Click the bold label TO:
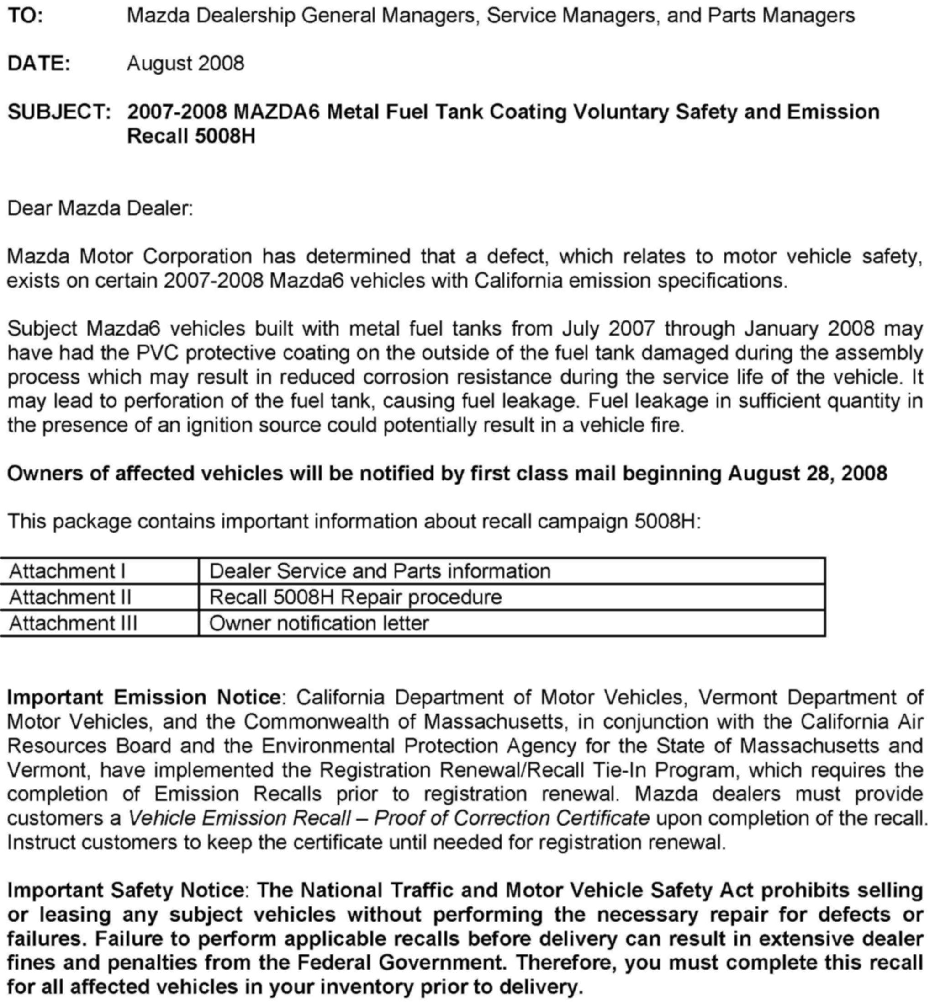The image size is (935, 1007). point(25,16)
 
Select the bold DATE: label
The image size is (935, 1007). point(39,64)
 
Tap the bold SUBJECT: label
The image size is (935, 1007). point(59,112)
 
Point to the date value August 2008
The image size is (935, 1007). point(185,64)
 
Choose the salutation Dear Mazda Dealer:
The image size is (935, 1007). point(100,208)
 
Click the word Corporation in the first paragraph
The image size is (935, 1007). point(197,257)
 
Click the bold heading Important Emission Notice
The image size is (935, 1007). point(144,698)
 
